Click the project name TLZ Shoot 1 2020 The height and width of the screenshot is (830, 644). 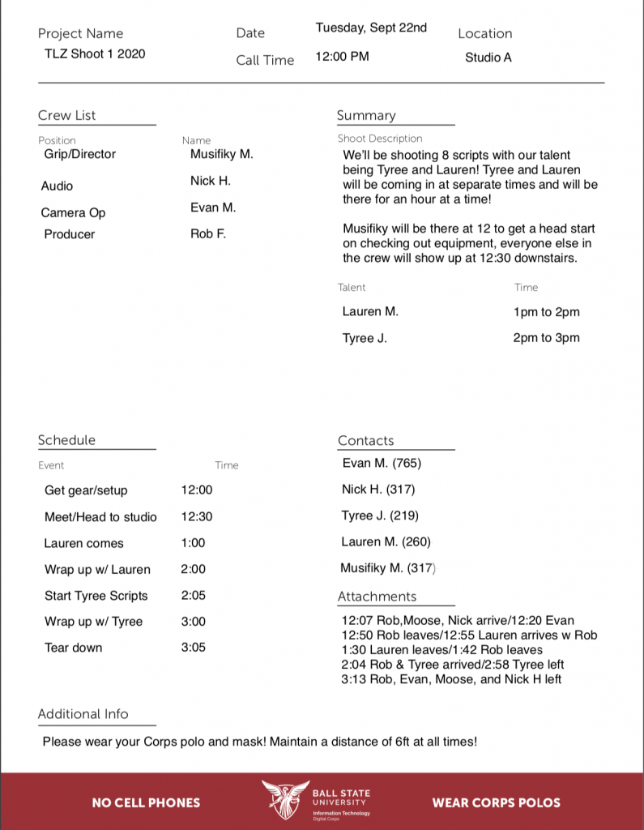95,54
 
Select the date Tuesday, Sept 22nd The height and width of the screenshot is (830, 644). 371,28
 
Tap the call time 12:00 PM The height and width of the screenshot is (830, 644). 342,57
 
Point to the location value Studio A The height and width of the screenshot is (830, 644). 488,58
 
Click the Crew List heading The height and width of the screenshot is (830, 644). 66,115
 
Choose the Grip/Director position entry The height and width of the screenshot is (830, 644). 79,154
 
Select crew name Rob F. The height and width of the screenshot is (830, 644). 208,234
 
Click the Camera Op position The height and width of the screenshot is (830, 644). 73,212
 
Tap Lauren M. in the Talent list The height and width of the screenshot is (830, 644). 370,311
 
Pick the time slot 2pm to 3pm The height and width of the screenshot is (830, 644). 546,338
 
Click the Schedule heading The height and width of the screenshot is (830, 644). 66,440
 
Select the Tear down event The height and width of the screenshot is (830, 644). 73,648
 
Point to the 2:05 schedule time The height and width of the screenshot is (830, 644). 193,595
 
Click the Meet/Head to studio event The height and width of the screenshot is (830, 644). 100,517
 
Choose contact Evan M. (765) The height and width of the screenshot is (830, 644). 382,464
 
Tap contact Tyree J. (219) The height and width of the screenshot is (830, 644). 380,516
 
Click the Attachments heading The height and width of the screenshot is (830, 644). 377,597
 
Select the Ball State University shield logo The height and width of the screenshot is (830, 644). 284,799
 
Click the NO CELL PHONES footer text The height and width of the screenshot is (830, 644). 146,802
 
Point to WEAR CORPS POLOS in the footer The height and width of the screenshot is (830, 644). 496,802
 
